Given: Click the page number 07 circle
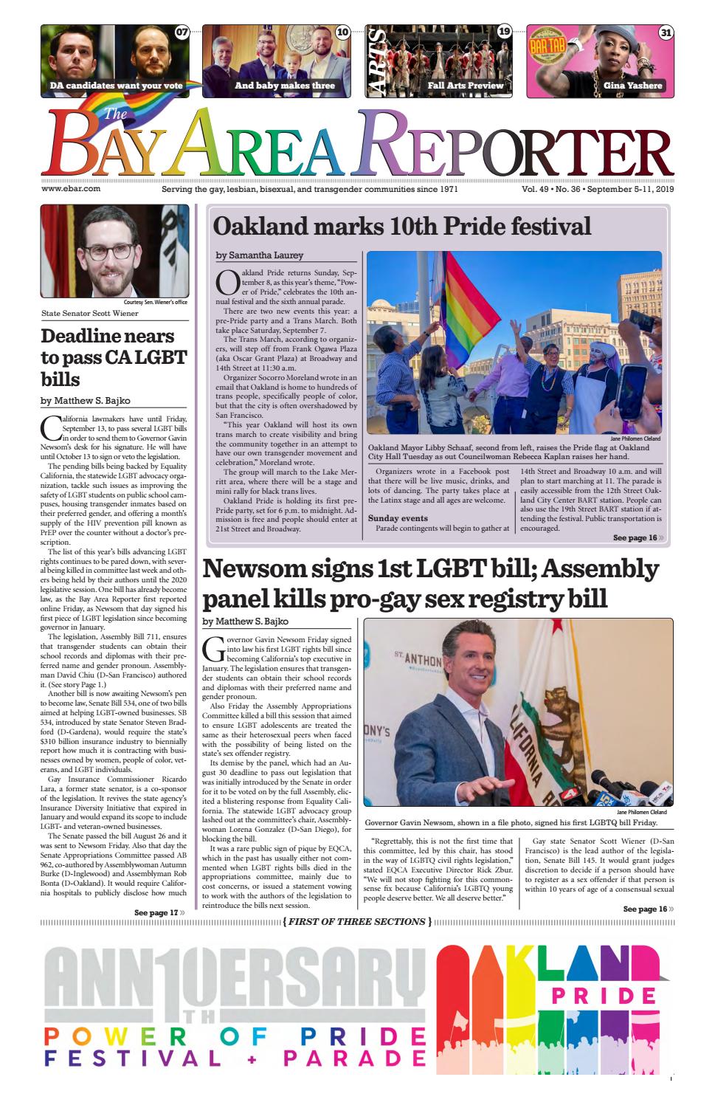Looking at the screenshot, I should pyautogui.click(x=182, y=32).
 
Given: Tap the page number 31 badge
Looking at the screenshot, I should pyautogui.click(x=666, y=32).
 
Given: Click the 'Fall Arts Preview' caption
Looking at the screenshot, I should pyautogui.click(x=465, y=86).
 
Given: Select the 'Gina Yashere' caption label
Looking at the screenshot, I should pyautogui.click(x=632, y=86).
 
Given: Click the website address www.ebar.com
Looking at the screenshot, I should pyautogui.click(x=71, y=189).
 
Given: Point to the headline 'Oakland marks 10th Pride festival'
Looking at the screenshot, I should pyautogui.click(x=402, y=226).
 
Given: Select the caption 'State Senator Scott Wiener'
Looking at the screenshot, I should pyautogui.click(x=89, y=313).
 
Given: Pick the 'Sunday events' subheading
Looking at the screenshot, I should pyautogui.click(x=398, y=518).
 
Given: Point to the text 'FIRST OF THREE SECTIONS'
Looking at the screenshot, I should pyautogui.click(x=356, y=921).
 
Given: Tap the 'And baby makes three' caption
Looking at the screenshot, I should pyautogui.click(x=284, y=86).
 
